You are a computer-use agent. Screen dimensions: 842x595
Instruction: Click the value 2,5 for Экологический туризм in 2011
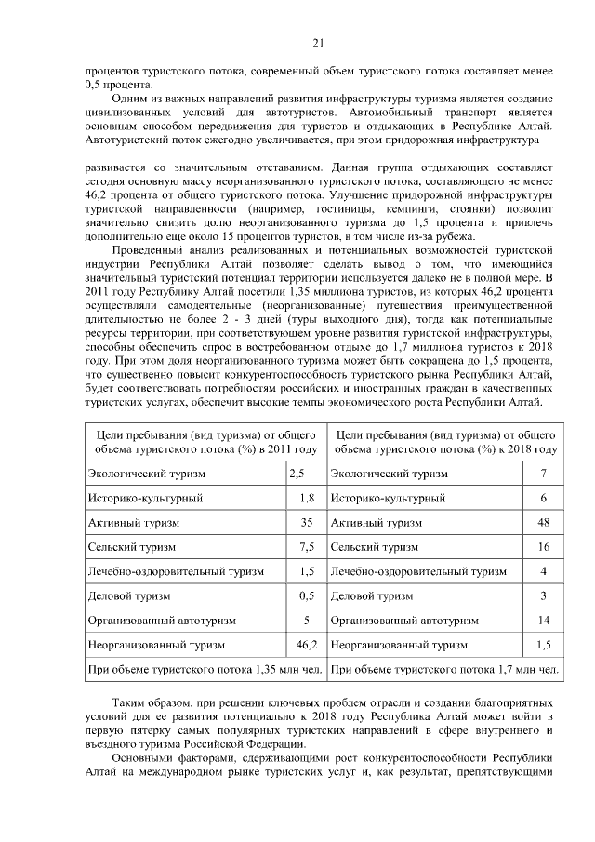pyautogui.click(x=298, y=474)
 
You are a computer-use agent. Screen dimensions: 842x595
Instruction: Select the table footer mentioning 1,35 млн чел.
pyautogui.click(x=204, y=668)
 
